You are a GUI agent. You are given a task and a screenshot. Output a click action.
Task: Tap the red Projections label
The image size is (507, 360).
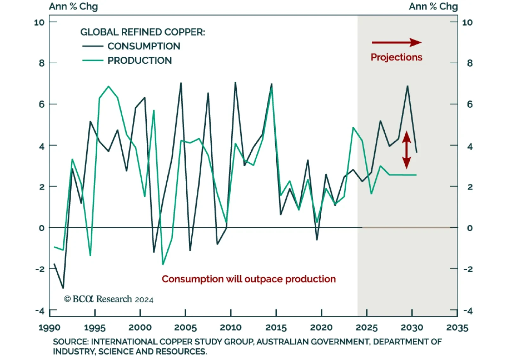click(x=396, y=57)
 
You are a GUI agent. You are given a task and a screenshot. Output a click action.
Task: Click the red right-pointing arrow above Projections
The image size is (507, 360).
click(x=396, y=42)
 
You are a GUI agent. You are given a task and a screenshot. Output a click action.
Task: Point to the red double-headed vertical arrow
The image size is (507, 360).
click(x=407, y=150)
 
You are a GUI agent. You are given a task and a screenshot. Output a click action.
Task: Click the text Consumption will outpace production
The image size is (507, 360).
click(x=249, y=279)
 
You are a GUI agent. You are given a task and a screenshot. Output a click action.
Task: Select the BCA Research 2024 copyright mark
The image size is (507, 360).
click(x=109, y=299)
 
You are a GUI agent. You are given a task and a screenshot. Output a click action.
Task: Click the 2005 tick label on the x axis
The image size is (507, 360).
click(x=185, y=327)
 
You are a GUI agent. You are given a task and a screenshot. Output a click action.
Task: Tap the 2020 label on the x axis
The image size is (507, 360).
click(x=321, y=327)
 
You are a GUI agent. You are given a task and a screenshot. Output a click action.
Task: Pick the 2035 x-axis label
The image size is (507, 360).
click(x=457, y=327)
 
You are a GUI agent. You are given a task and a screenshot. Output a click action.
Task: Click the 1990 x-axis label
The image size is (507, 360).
click(x=49, y=327)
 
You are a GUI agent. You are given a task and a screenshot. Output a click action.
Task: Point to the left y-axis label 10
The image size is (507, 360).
click(x=39, y=22)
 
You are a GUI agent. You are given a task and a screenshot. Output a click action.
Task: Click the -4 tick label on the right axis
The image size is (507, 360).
click(x=468, y=311)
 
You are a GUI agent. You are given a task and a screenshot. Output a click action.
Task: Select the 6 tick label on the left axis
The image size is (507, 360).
click(x=42, y=104)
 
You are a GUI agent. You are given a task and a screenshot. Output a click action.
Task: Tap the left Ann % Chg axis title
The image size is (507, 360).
click(x=74, y=7)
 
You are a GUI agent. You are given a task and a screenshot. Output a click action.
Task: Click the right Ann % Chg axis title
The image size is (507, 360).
click(x=433, y=7)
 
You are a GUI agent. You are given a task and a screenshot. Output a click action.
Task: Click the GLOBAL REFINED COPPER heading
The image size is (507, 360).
click(x=143, y=32)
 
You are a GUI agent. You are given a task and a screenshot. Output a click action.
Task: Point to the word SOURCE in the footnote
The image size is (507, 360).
click(x=71, y=342)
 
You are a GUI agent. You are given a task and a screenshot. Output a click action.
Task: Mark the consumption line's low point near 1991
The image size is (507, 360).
click(x=63, y=288)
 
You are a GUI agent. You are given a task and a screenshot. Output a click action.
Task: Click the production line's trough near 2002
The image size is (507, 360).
click(x=163, y=264)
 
